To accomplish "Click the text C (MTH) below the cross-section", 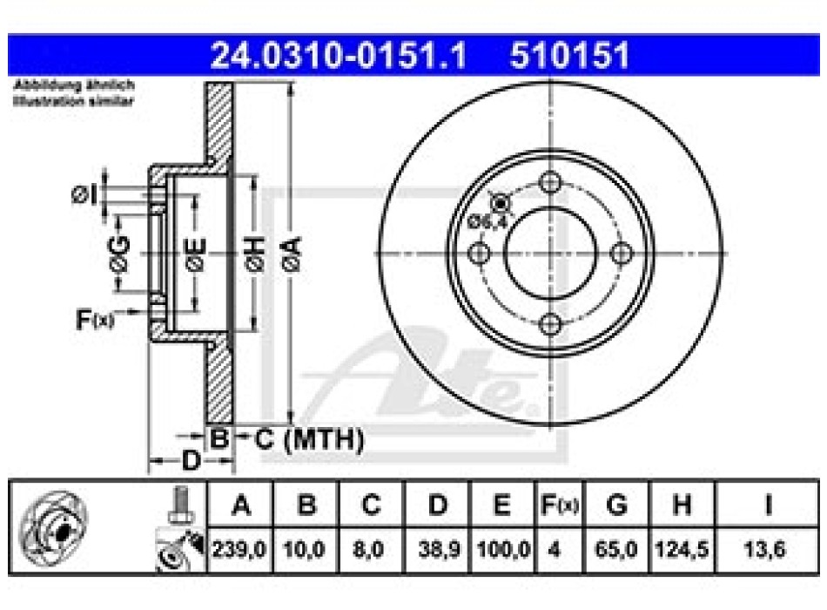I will [x=309, y=440].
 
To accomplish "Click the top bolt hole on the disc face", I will [x=549, y=183].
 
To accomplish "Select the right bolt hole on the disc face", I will [x=621, y=254].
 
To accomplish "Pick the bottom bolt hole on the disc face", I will [x=549, y=325].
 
